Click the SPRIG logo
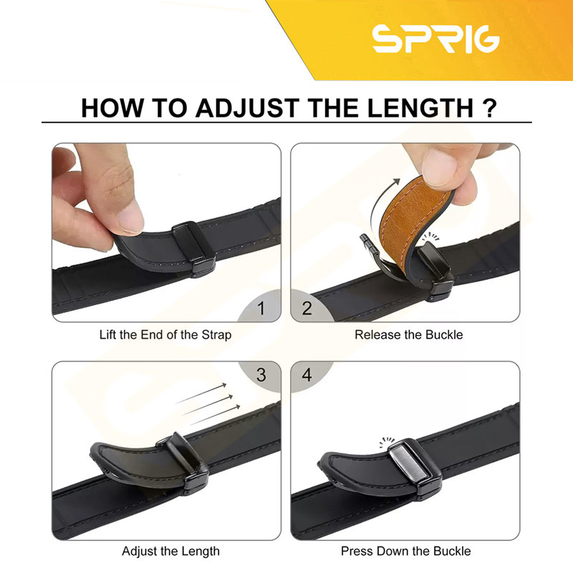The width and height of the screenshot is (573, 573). click(435, 39)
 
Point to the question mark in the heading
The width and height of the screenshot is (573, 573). click(490, 108)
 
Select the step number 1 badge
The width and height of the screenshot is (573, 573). click(261, 308)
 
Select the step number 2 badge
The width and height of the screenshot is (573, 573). click(307, 308)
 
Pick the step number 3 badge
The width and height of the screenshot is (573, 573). click(261, 375)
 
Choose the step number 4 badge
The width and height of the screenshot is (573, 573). click(307, 375)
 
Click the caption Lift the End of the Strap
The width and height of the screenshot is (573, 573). click(165, 334)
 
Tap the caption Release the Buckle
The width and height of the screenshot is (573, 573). click(408, 334)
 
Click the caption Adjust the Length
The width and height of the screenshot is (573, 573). click(170, 551)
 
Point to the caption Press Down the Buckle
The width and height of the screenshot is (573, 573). click(405, 551)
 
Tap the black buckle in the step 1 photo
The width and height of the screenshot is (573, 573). click(193, 249)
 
